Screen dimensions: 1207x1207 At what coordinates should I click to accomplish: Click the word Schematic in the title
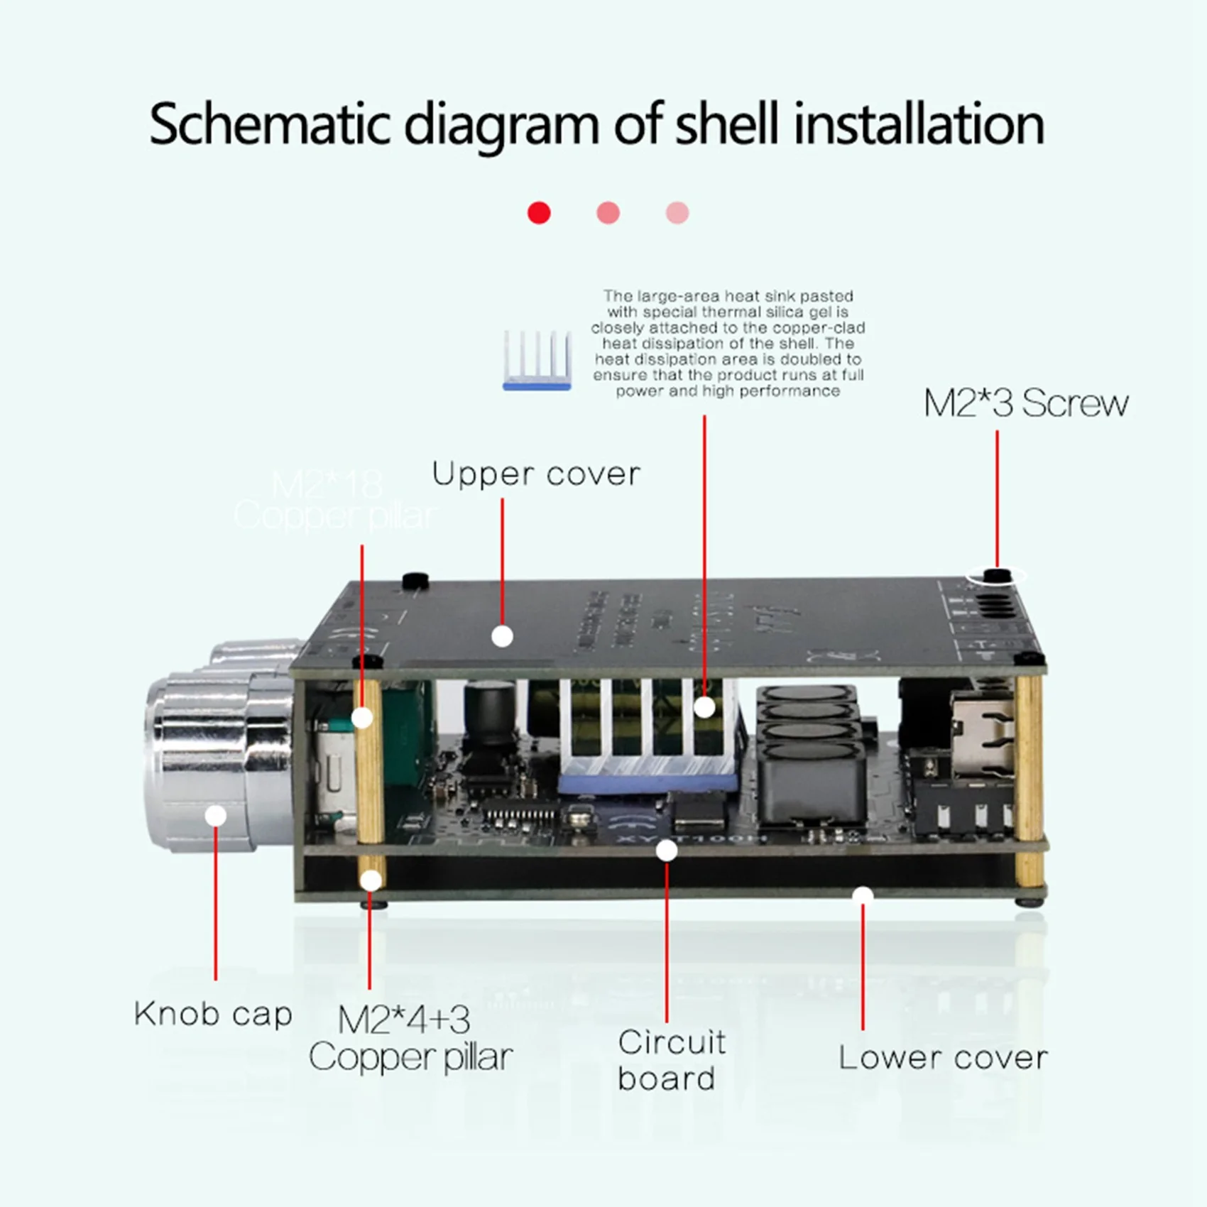[x=270, y=124]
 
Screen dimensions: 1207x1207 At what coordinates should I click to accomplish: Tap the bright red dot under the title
[x=539, y=212]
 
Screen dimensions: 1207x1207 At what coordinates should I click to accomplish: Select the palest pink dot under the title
[x=677, y=212]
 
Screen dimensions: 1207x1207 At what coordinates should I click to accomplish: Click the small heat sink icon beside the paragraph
[x=537, y=360]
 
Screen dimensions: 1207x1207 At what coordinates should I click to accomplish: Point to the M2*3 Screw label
[x=1025, y=403]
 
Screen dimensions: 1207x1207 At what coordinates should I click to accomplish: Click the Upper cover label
[x=536, y=474]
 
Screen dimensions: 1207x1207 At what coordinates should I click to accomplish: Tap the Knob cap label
[x=213, y=1013]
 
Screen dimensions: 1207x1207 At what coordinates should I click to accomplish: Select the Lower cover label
[x=943, y=1057]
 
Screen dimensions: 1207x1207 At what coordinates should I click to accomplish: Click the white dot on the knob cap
[x=216, y=815]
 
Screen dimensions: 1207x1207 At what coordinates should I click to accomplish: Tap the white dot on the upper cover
[x=502, y=636]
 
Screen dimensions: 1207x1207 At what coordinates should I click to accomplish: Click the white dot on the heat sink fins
[x=704, y=706]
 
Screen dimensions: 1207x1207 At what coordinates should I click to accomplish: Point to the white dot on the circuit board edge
[x=667, y=850]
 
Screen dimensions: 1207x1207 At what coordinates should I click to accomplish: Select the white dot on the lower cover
[x=863, y=895]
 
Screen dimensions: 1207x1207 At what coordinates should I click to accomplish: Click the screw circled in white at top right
[x=998, y=575]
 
